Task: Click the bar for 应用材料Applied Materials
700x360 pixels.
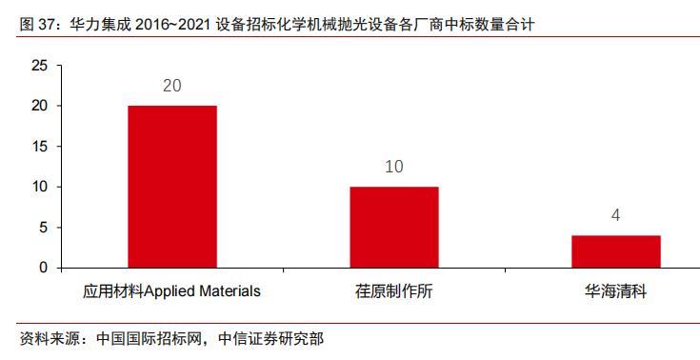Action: pos(172,187)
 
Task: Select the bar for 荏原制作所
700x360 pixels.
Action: pos(394,227)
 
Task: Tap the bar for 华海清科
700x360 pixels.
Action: pos(616,250)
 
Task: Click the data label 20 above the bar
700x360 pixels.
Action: pos(172,87)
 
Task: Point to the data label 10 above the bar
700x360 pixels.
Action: pos(394,168)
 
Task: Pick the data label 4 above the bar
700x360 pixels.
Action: pos(616,215)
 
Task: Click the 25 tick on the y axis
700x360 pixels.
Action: pos(39,66)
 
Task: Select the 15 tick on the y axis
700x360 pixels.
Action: pos(39,147)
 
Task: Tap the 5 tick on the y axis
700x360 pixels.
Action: pos(43,228)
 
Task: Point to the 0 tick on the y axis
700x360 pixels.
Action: pos(43,268)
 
